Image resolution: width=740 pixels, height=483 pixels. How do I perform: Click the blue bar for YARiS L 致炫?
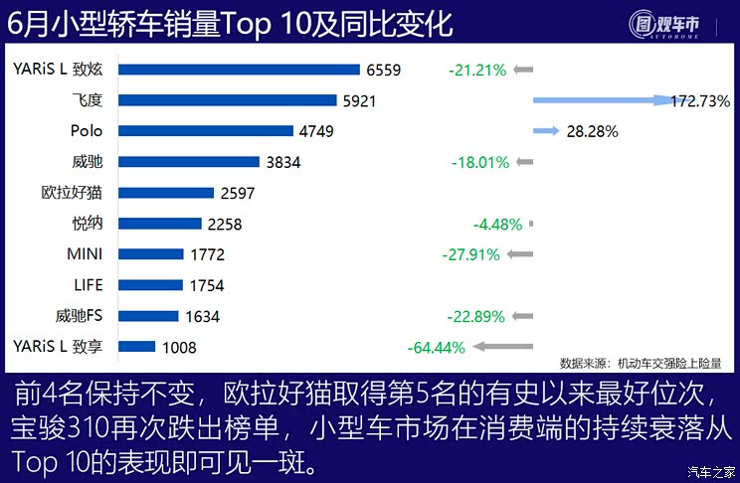[x=239, y=70]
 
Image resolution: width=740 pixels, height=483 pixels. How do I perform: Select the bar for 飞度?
[x=228, y=100]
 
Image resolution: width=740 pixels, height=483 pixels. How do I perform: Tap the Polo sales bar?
[x=206, y=131]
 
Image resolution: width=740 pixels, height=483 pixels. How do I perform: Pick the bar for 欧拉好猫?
[x=166, y=193]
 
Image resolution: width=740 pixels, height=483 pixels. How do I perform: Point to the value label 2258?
[x=224, y=224]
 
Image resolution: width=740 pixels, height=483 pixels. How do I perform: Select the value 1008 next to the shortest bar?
[x=179, y=347]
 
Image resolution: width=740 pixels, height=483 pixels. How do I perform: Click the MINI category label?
[x=86, y=254]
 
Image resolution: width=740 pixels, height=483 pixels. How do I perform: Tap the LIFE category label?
[x=88, y=285]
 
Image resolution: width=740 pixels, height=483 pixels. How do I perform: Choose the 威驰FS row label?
[x=80, y=316]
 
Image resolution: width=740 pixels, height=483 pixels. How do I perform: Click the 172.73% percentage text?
[x=700, y=101]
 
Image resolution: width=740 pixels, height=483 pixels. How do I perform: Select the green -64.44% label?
[x=436, y=348]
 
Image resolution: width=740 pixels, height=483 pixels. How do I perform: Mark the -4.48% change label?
[x=497, y=225]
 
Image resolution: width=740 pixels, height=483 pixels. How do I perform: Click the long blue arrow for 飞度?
[x=602, y=100]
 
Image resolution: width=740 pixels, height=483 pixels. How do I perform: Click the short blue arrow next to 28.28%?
[x=545, y=131]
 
